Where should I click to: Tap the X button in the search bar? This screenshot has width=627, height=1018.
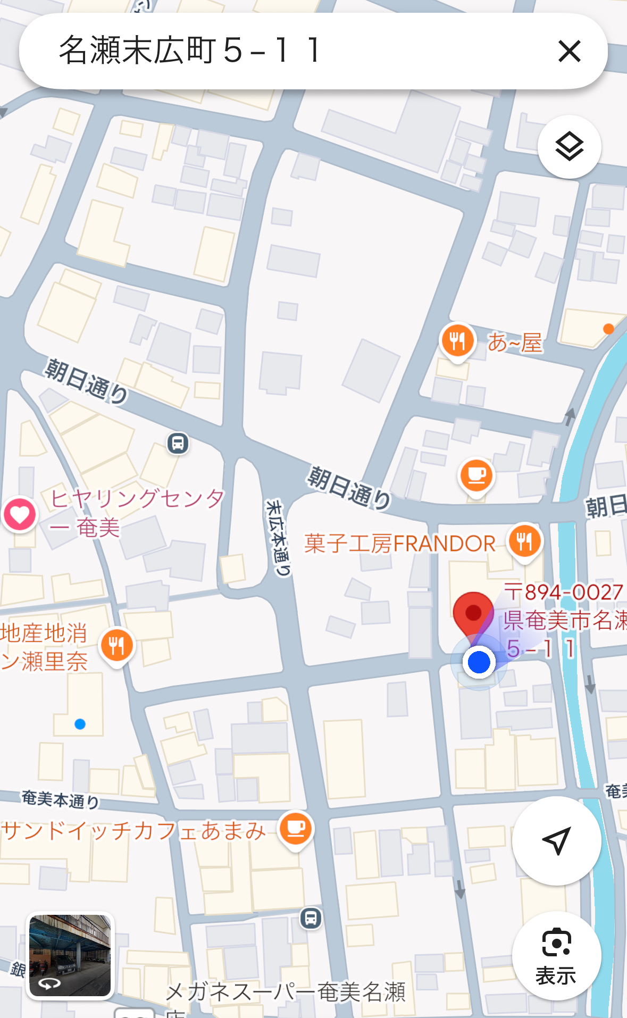point(569,51)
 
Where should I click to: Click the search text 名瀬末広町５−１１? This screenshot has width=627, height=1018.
point(190,51)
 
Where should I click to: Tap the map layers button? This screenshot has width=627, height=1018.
point(569,147)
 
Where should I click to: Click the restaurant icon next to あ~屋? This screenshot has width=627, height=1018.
point(457,340)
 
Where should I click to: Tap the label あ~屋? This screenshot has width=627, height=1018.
point(515,343)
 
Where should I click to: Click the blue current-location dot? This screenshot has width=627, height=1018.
point(479,662)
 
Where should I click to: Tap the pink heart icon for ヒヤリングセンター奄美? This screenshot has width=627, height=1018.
point(20,514)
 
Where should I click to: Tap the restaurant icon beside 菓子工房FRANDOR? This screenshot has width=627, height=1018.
point(524,541)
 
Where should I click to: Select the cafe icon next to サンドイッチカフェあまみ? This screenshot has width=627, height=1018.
point(296,829)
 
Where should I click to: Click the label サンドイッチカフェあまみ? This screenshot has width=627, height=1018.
point(133,830)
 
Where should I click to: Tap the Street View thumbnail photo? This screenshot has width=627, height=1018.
point(70,955)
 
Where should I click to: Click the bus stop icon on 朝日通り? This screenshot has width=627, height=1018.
point(178,443)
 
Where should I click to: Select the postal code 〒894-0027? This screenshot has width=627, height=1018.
point(563,591)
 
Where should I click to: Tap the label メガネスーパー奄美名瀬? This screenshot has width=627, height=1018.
point(286,992)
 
